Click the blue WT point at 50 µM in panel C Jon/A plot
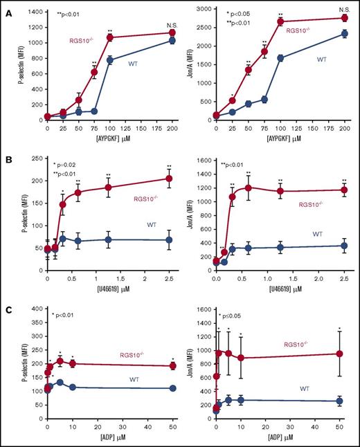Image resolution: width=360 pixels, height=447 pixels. point(339,401)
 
